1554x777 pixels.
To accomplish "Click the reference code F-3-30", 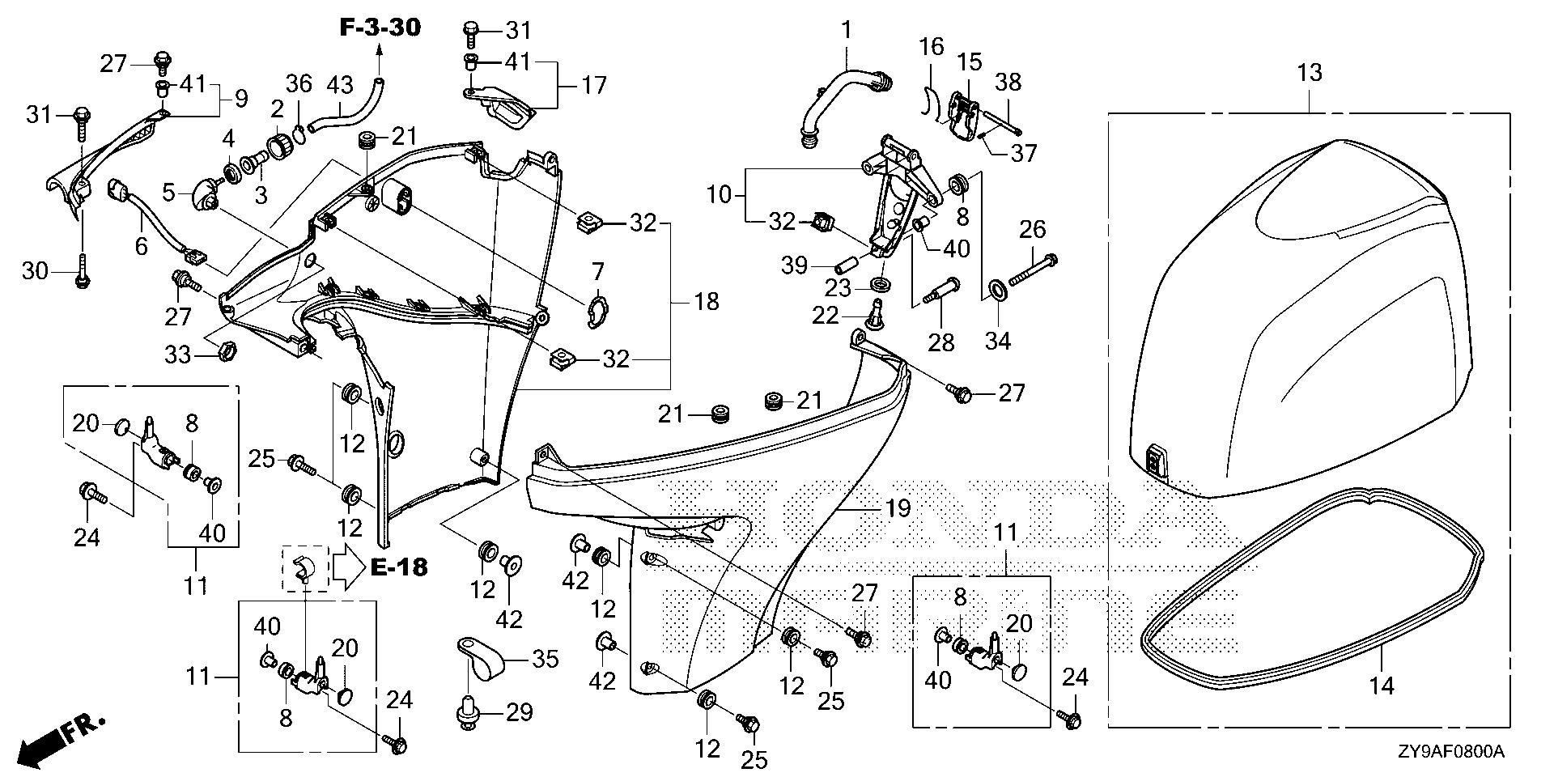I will [380, 28].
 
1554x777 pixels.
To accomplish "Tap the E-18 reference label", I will [399, 567].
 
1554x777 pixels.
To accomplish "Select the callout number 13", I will [1309, 73].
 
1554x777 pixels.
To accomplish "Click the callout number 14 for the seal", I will [1381, 686].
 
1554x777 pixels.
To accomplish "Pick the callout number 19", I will [898, 509].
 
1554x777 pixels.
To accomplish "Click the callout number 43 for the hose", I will [340, 84].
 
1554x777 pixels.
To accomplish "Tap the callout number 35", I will [546, 660].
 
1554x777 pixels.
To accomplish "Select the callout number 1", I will [847, 32].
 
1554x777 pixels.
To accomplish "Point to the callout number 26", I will [1032, 231].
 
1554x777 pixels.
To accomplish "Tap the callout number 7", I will [597, 271].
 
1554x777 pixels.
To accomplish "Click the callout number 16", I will [931, 47].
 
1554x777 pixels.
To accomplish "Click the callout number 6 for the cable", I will [141, 245].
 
